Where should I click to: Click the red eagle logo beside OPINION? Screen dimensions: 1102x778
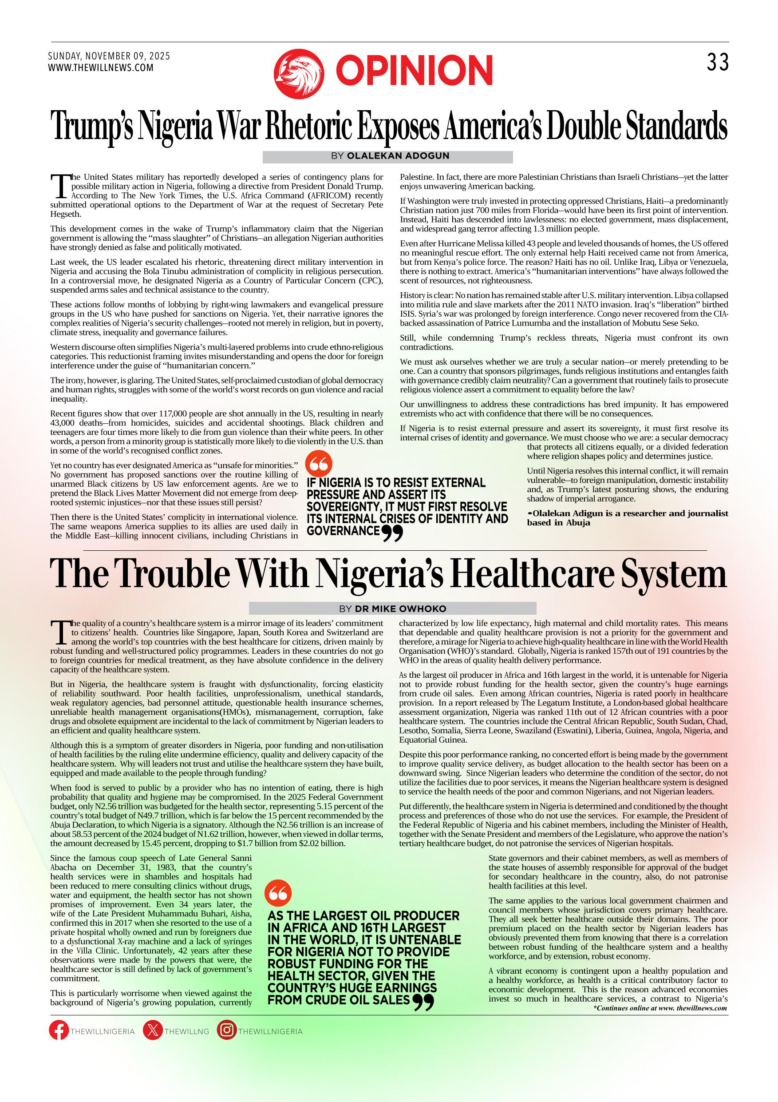(x=298, y=73)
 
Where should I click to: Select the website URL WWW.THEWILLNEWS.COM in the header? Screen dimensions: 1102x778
(x=101, y=68)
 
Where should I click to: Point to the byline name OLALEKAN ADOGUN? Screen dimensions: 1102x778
(x=398, y=156)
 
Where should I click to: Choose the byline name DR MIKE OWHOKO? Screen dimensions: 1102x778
(x=400, y=609)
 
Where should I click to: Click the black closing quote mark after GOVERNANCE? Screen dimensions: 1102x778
(x=392, y=533)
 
